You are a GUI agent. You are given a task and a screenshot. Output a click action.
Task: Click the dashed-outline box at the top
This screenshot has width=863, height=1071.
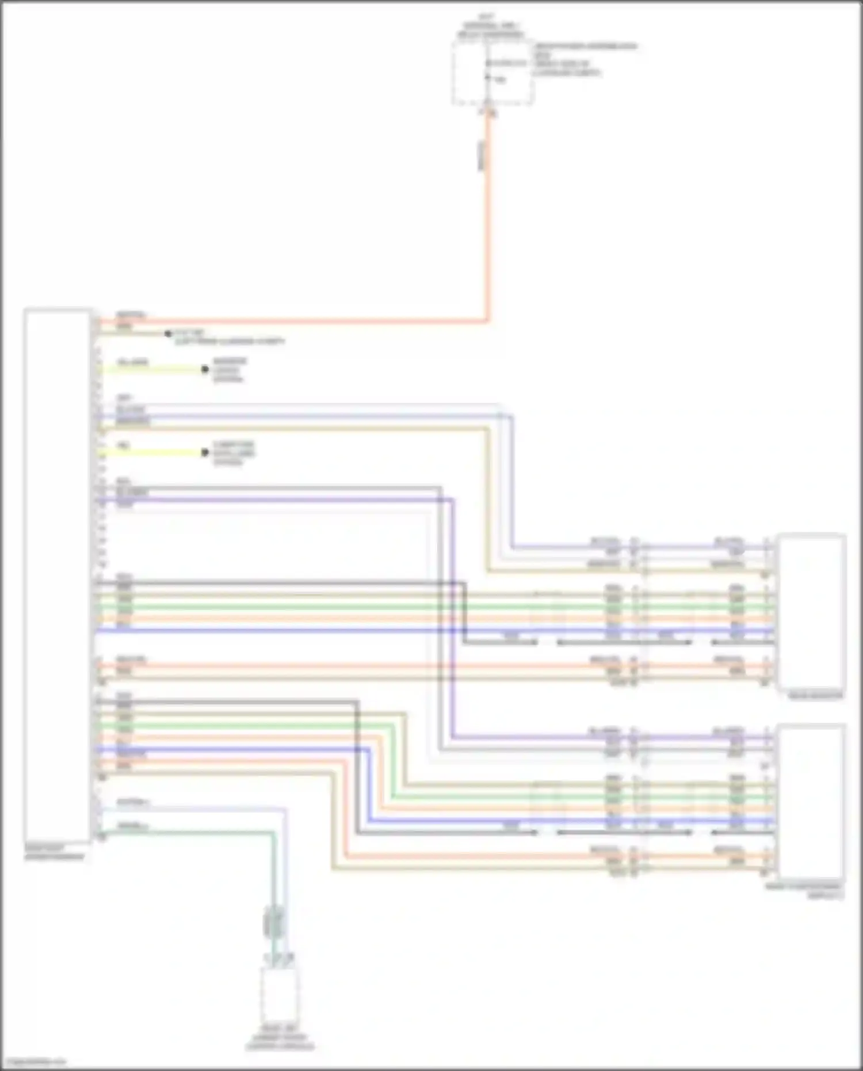pos(492,74)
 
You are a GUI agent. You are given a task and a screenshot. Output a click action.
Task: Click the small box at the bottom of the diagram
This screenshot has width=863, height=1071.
pos(280,994)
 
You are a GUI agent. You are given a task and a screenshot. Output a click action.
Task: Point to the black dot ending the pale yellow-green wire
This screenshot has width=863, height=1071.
pos(205,369)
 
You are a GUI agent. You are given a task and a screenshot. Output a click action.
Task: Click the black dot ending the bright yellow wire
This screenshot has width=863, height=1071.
pos(205,453)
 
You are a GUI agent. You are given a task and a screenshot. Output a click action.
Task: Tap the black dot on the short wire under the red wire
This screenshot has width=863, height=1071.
pos(168,334)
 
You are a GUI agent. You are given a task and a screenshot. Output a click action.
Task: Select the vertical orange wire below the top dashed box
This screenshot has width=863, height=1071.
pos(488,230)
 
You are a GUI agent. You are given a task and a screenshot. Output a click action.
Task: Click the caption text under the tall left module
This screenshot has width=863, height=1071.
pos(55,852)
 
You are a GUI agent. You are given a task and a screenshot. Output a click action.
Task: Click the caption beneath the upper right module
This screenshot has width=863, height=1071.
pos(815,696)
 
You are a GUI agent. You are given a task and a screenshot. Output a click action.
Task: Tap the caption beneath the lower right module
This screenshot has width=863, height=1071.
pos(805,890)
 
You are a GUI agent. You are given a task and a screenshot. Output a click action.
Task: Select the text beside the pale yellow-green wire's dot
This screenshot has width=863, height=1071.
pos(229,370)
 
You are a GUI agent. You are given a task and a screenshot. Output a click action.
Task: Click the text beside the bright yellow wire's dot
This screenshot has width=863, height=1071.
pos(233,453)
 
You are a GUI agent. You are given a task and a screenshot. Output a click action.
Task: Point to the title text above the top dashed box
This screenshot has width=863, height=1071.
pos(491,26)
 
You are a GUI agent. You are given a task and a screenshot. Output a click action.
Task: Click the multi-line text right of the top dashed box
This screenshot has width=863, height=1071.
pos(584,59)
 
